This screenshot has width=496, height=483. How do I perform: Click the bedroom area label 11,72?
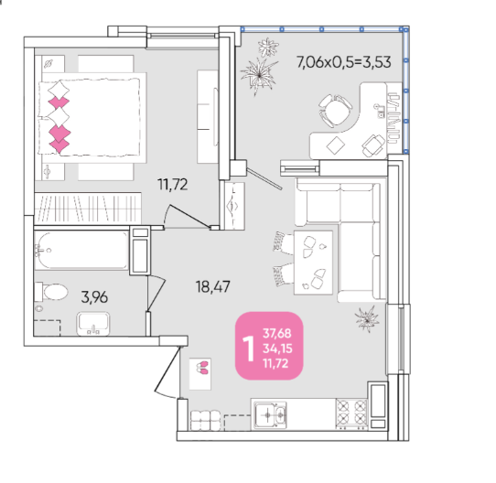pyautogui.click(x=173, y=185)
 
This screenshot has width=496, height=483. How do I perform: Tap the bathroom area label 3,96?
pyautogui.click(x=94, y=297)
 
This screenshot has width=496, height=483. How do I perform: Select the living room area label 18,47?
pyautogui.click(x=213, y=287)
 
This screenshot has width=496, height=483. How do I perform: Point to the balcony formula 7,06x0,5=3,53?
pyautogui.click(x=344, y=62)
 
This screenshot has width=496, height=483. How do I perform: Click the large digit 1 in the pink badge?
pyautogui.click(x=249, y=349)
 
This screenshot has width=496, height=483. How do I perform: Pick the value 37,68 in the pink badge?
pyautogui.click(x=276, y=333)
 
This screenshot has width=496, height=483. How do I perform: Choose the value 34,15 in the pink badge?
pyautogui.click(x=277, y=349)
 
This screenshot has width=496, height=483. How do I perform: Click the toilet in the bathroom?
pyautogui.click(x=52, y=292)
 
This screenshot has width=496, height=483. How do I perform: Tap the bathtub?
pyautogui.click(x=81, y=251)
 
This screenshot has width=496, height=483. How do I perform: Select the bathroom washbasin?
pyautogui.click(x=93, y=324)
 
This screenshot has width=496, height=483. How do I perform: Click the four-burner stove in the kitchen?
pyautogui.click(x=351, y=413)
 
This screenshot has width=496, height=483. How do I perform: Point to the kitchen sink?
pyautogui.click(x=271, y=414)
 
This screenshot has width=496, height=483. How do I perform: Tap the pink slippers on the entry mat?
pyautogui.click(x=202, y=368)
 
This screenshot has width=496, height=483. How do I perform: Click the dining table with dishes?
pyautogui.click(x=313, y=263)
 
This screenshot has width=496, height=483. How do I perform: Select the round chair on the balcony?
pyautogui.click(x=335, y=110)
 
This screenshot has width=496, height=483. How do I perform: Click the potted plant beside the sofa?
pyautogui.click(x=367, y=319)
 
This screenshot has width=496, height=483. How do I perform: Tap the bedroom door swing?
pyautogui.click(x=187, y=217)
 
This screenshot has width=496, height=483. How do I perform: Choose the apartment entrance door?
pyautogui.click(x=167, y=370)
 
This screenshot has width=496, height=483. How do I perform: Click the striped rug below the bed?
pyautogui.click(x=88, y=208)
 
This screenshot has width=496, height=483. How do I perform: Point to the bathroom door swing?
pyautogui.click(x=156, y=293)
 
